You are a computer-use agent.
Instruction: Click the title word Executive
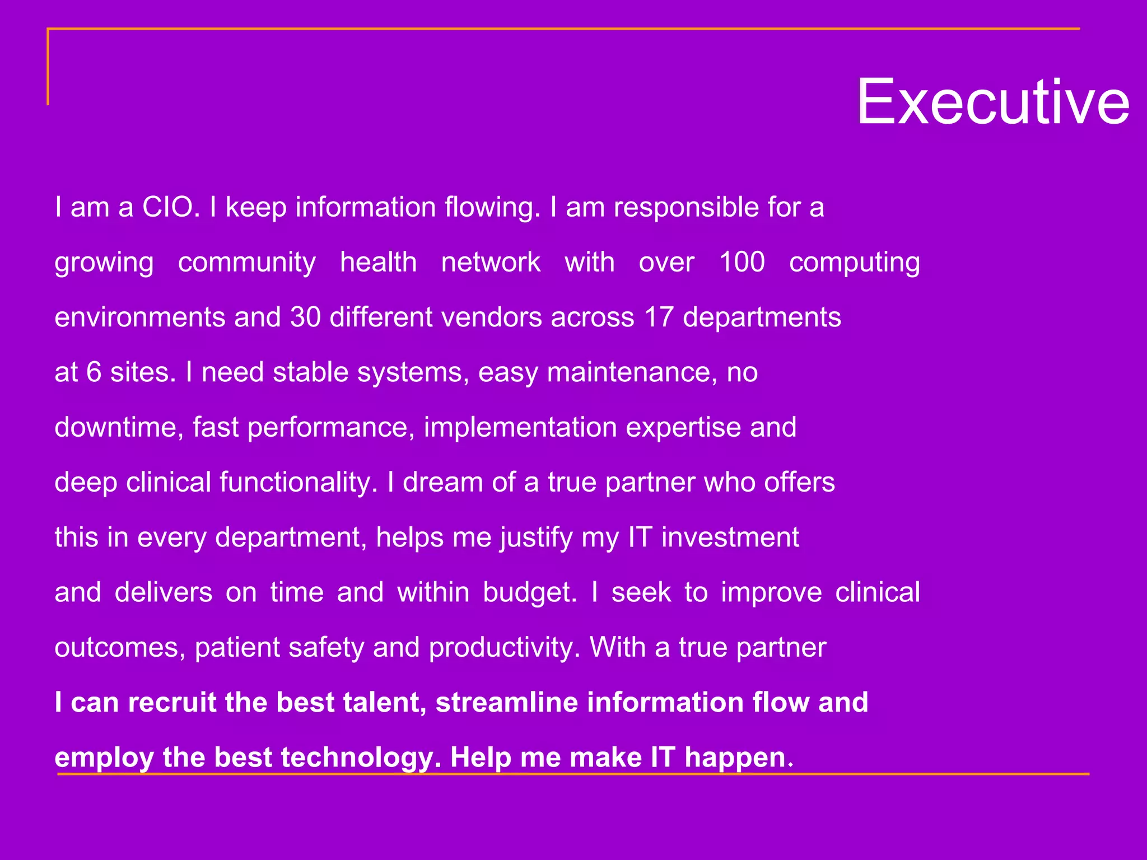click(993, 102)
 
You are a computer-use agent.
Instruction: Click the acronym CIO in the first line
click(170, 207)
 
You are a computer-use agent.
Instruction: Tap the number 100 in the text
click(742, 262)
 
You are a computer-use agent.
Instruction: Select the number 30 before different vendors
click(305, 317)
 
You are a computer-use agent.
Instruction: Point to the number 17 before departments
click(659, 317)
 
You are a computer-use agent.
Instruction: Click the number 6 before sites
click(94, 372)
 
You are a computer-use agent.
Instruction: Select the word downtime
click(118, 427)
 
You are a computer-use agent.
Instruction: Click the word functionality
click(298, 483)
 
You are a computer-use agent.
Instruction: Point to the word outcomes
click(119, 648)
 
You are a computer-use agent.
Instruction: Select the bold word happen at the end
click(735, 758)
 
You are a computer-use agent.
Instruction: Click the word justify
click(537, 538)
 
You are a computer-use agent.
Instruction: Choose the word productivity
click(504, 648)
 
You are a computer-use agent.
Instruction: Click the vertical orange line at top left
click(48, 67)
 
